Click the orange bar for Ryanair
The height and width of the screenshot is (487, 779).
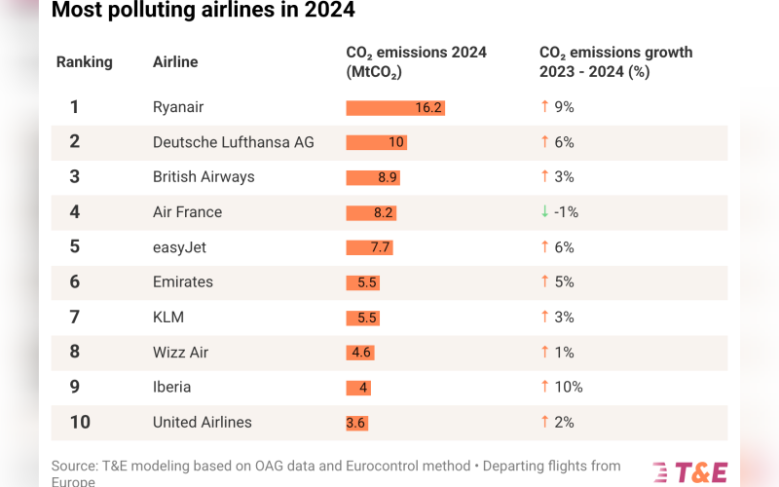pyautogui.click(x=395, y=107)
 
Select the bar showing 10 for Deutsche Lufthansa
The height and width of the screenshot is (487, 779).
pyautogui.click(x=377, y=142)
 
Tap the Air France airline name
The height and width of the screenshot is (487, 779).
pyautogui.click(x=187, y=212)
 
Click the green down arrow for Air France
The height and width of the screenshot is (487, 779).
pyautogui.click(x=545, y=212)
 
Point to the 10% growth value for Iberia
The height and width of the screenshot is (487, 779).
pyautogui.click(x=569, y=388)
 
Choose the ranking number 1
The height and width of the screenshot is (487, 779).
pyautogui.click(x=74, y=107)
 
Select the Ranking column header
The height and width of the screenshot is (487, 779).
pyautogui.click(x=84, y=62)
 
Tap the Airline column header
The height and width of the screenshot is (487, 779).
pyautogui.click(x=175, y=62)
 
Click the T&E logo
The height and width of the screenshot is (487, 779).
pyautogui.click(x=689, y=472)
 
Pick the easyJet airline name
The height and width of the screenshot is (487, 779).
pyautogui.click(x=179, y=247)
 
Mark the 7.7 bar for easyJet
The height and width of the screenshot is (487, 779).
pyautogui.click(x=369, y=247)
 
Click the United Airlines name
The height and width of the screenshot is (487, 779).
pyautogui.click(x=203, y=423)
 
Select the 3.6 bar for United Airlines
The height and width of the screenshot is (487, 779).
pyautogui.click(x=357, y=423)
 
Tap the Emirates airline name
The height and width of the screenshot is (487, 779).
pyautogui.click(x=183, y=282)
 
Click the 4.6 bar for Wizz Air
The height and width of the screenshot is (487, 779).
pyautogui.click(x=360, y=353)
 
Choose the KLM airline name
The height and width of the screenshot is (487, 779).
pyautogui.click(x=168, y=318)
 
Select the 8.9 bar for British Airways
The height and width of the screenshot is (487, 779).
pyautogui.click(x=373, y=177)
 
